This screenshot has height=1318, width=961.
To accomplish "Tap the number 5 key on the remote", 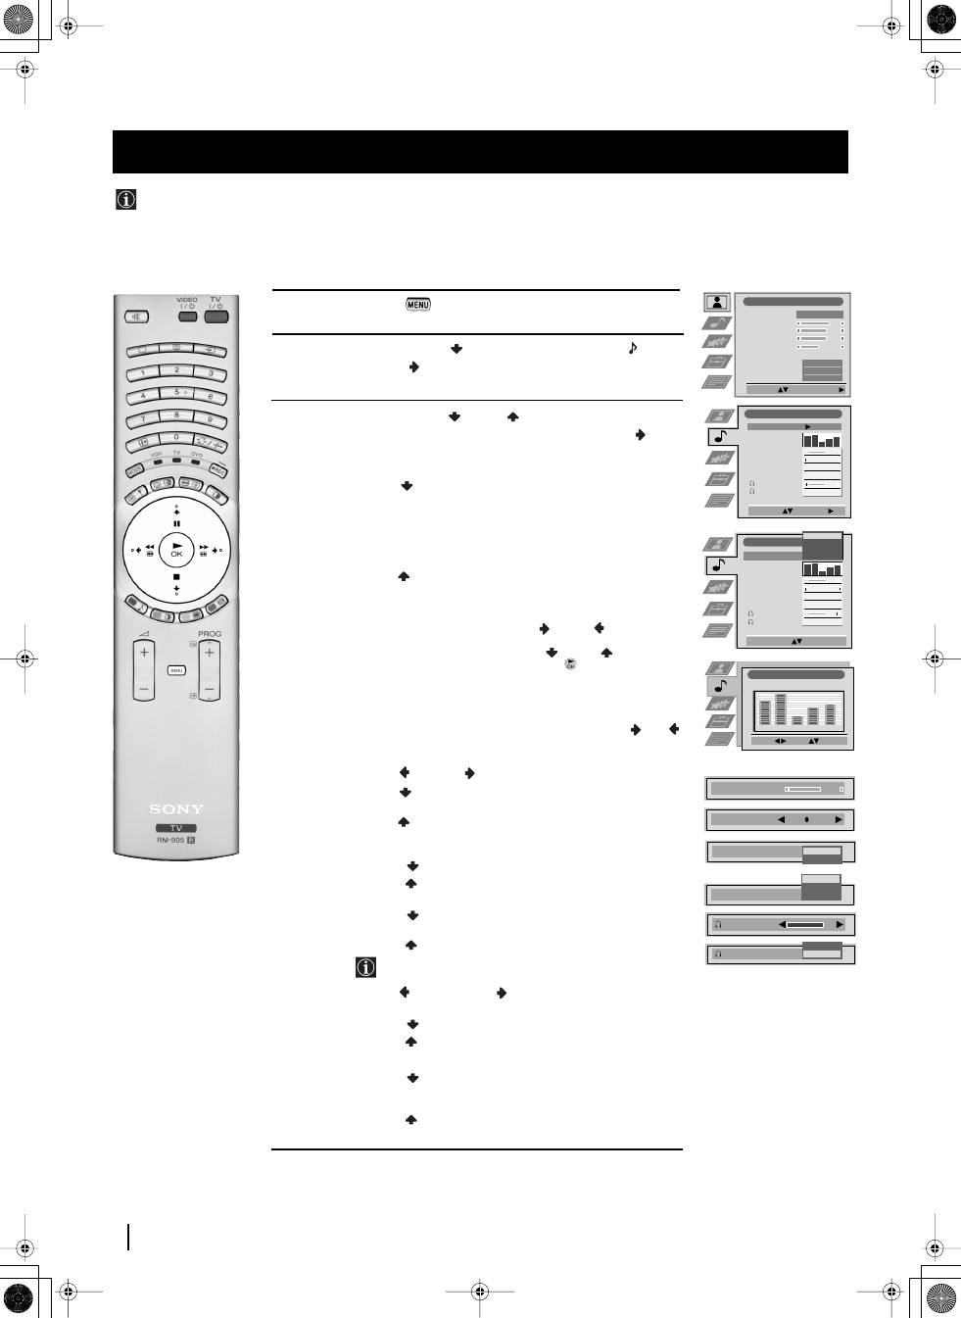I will pyautogui.click(x=176, y=392).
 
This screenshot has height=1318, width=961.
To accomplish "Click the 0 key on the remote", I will pyautogui.click(x=176, y=437).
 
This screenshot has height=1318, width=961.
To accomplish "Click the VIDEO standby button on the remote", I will pyautogui.click(x=186, y=317).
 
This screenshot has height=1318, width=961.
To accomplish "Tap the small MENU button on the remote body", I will pyautogui.click(x=176, y=670).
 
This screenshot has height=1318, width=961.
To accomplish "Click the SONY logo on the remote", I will pyautogui.click(x=176, y=809).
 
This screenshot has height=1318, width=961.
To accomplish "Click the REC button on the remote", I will pyautogui.click(x=217, y=469).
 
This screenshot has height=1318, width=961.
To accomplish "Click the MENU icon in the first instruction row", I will pyautogui.click(x=417, y=305).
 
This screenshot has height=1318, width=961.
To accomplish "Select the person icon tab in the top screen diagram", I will pyautogui.click(x=717, y=302).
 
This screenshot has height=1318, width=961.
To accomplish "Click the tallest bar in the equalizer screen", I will pyautogui.click(x=781, y=708).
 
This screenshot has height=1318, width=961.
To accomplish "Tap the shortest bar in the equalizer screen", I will pyautogui.click(x=796, y=719).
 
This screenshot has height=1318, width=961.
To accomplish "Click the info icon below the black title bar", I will pyautogui.click(x=125, y=200).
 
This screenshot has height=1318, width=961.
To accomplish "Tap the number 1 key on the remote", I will pyautogui.click(x=143, y=372).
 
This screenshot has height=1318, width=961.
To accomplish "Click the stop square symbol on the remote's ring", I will pyautogui.click(x=176, y=577).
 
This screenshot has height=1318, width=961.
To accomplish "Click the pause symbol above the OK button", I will pyautogui.click(x=176, y=524).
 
